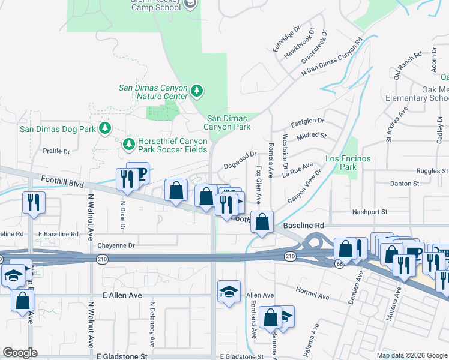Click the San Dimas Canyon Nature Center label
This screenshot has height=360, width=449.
tap(153, 92)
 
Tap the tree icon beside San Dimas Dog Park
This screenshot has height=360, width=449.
tap(105, 128)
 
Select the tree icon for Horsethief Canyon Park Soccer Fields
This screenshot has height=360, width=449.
tap(128, 144)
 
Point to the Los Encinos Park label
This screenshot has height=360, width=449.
tap(348, 163)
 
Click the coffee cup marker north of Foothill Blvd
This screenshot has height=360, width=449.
tap(139, 173)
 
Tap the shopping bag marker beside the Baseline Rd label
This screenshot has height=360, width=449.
tap(262, 222)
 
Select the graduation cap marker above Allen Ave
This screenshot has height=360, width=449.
tap(229, 292)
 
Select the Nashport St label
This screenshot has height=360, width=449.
tap(370, 212)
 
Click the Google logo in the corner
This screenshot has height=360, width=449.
tap(20, 353)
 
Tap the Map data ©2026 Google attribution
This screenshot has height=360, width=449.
tap(412, 355)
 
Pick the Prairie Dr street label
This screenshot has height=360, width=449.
tap(56, 151)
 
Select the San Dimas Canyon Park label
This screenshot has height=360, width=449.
tap(228, 123)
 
